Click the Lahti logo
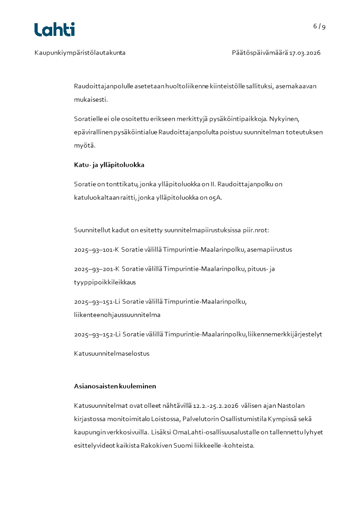[54, 30]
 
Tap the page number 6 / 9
[319, 26]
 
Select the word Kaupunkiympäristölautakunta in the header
[80, 53]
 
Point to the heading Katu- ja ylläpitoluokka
[109, 165]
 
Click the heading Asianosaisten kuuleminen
[115, 386]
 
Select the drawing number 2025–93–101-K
[96, 249]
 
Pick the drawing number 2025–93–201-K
[96, 269]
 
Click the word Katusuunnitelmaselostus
[112, 353]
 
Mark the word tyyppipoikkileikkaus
[105, 282]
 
